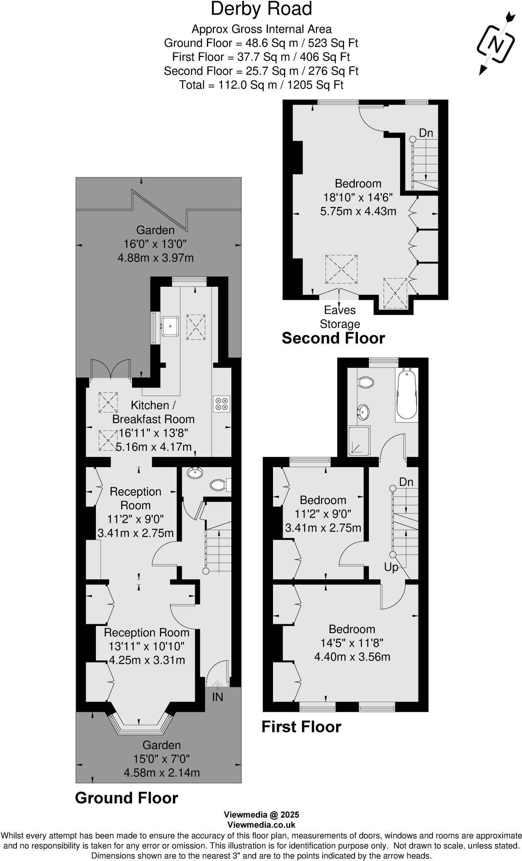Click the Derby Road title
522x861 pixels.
[x=261, y=9]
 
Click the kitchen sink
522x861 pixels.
[x=170, y=325]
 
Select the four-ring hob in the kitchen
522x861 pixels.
[x=222, y=404]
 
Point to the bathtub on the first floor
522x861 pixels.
[x=406, y=394]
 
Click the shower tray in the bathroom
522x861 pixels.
[x=359, y=440]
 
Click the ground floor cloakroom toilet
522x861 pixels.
[x=219, y=485]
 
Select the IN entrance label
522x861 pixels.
[x=217, y=697]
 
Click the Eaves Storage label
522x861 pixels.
[x=340, y=317]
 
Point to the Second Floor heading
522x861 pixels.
[x=333, y=338]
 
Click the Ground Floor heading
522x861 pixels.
[x=126, y=798]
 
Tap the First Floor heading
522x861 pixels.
[x=301, y=726]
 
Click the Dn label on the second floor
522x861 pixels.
[x=426, y=133]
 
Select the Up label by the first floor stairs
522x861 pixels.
[x=391, y=567]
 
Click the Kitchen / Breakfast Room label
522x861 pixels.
[x=153, y=412]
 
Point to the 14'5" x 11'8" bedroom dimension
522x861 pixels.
[x=352, y=642]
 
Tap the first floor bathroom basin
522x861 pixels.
[x=363, y=412]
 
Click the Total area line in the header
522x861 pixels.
[x=261, y=85]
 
